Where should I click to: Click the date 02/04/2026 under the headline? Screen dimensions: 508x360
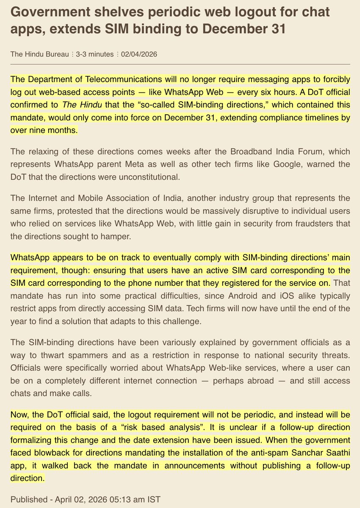coord(139,54)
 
